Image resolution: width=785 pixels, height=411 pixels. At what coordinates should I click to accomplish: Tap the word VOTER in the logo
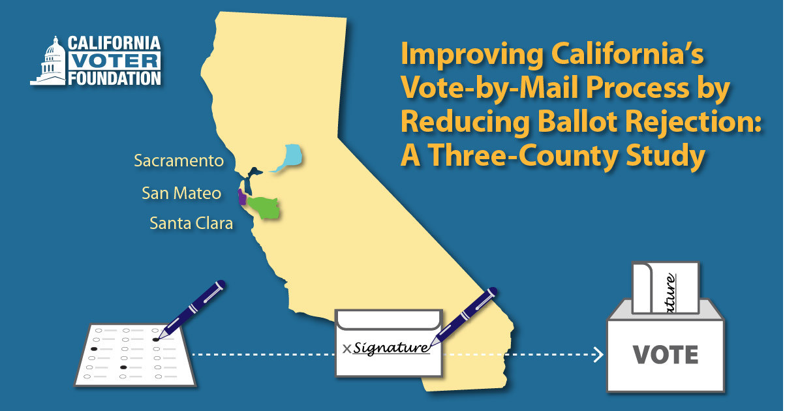112,62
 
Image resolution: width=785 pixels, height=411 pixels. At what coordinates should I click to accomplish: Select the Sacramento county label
178,160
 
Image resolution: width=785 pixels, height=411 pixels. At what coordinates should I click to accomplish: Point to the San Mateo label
181,193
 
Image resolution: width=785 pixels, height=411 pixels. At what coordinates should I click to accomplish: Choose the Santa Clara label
191,223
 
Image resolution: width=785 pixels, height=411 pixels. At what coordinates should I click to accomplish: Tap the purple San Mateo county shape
241,197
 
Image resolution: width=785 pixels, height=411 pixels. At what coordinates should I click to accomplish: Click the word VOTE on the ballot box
666,354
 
